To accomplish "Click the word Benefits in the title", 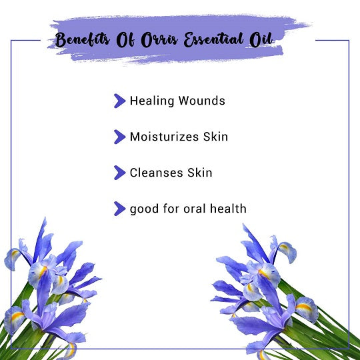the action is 83,39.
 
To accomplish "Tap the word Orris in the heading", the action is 159,40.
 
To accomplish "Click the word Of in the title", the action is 125,40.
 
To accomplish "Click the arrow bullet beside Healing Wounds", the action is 119,101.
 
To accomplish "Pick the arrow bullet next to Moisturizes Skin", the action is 119,137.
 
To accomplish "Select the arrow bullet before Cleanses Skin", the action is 119,173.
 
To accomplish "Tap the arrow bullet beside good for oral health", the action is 119,209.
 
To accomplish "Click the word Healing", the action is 152,101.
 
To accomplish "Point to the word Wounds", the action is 202,101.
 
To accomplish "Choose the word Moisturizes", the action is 164,137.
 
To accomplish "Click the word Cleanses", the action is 157,173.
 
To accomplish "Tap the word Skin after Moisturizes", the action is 215,137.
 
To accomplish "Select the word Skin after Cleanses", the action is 200,173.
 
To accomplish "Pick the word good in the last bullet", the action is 144,209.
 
